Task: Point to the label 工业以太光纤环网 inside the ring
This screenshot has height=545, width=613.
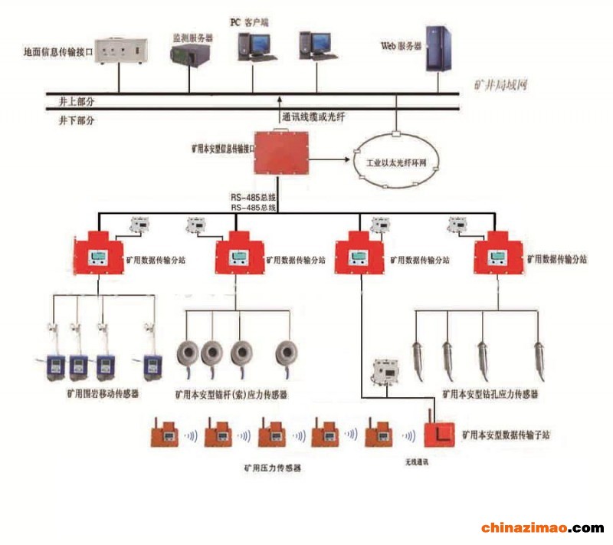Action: pos(397,163)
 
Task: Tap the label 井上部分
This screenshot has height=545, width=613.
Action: pos(77,101)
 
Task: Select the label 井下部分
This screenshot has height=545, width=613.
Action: pos(77,120)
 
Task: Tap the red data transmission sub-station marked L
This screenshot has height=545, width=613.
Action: pos(440,435)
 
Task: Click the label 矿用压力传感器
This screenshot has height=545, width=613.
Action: pos(272,466)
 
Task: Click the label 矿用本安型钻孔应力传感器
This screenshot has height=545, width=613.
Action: pos(490,394)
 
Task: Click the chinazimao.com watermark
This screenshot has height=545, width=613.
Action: pos(542,528)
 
